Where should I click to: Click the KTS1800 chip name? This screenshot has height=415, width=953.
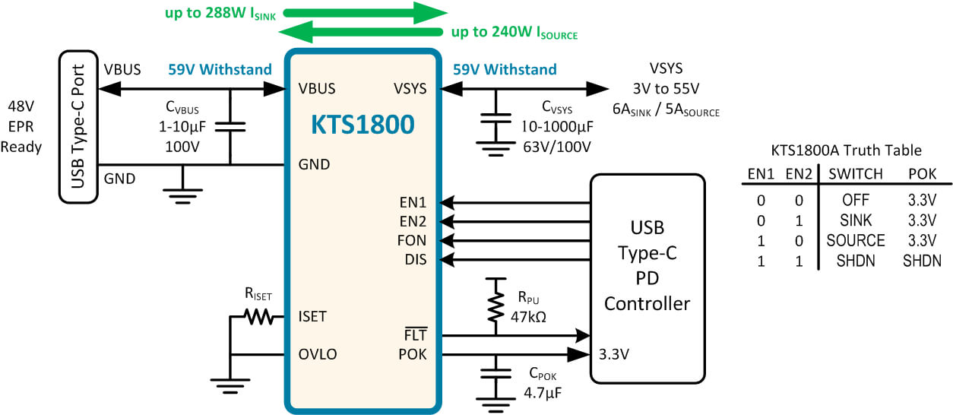pos(363,125)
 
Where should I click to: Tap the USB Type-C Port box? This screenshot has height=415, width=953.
pos(78,127)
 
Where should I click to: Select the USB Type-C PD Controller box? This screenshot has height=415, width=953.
pos(647,279)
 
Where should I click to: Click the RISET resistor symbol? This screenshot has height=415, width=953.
pos(258,317)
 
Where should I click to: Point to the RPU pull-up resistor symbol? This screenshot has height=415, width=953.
pos(495,306)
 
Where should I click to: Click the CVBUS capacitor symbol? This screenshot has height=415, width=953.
pos(230,127)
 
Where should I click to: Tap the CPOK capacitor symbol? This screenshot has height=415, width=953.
pos(495,374)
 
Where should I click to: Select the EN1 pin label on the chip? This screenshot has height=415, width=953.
pos(413,203)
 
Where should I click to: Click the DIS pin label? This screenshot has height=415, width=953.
pos(415,259)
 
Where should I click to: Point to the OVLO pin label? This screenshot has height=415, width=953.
pos(318,354)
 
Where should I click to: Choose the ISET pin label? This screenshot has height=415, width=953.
pos(312,317)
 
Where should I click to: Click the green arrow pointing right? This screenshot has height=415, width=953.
pos(366,13)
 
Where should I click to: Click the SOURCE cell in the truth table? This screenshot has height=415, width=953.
pos(856,240)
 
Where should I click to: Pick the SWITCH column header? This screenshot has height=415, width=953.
pos(856,174)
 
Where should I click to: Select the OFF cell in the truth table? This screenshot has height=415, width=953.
pos(856,200)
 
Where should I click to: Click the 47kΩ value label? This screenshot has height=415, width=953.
pos(528,317)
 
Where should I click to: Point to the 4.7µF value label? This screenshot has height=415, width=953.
pos(543,392)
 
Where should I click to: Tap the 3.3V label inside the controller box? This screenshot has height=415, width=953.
pos(614,354)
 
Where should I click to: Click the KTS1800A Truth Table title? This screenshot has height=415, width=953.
pos(846,150)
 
